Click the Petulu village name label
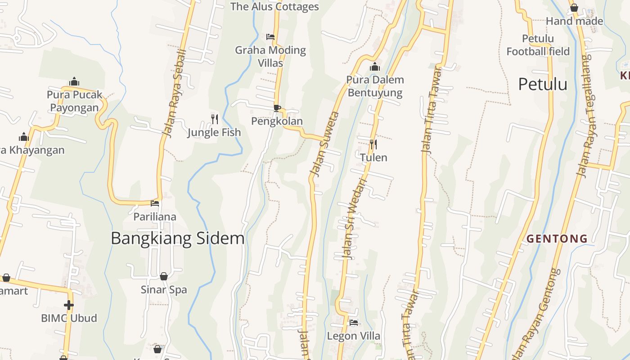[x=542, y=84]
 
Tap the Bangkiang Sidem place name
[x=177, y=238]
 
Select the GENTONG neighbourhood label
[x=557, y=238]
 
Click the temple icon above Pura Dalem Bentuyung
[x=374, y=67]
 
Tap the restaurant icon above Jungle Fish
[x=215, y=119]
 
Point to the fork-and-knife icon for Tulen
[x=373, y=144]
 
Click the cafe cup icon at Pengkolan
[x=277, y=108]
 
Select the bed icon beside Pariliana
[x=155, y=203]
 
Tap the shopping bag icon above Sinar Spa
[x=164, y=276]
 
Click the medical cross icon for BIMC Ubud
[x=69, y=305]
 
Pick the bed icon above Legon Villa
[x=354, y=323]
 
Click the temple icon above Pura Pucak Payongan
[x=74, y=82]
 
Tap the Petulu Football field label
[x=538, y=45]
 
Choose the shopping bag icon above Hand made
[x=574, y=8]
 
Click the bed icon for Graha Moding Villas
[x=270, y=37]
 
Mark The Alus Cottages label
[x=274, y=6]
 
